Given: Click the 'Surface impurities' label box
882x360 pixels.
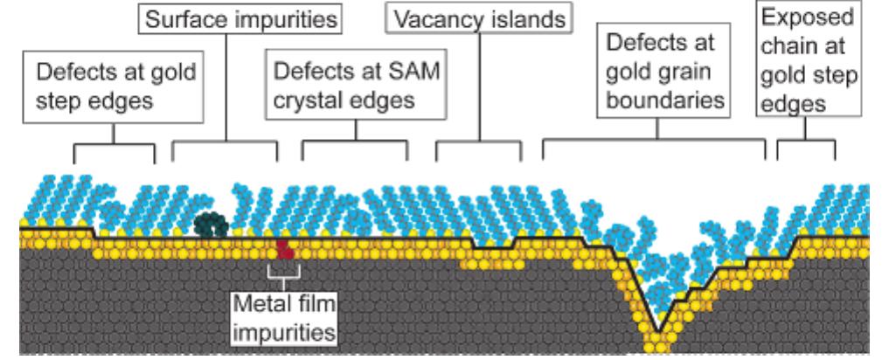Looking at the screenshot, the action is click(240, 19).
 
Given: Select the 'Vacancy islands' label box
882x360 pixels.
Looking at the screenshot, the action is click(479, 19).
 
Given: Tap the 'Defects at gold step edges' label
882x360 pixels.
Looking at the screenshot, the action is click(113, 87).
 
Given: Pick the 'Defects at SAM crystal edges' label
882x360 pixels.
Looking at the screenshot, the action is click(356, 87).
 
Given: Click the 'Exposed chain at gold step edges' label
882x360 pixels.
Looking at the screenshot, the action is click(809, 59).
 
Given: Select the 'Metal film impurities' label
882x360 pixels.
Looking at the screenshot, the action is click(283, 319).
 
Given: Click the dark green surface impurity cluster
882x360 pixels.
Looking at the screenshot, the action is click(211, 225).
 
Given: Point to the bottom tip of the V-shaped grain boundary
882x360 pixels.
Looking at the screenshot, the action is click(659, 331).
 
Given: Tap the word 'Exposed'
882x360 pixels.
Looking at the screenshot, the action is click(807, 17).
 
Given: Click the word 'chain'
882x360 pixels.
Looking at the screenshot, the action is click(788, 46).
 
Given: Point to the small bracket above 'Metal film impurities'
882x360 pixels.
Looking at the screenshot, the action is click(285, 271).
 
